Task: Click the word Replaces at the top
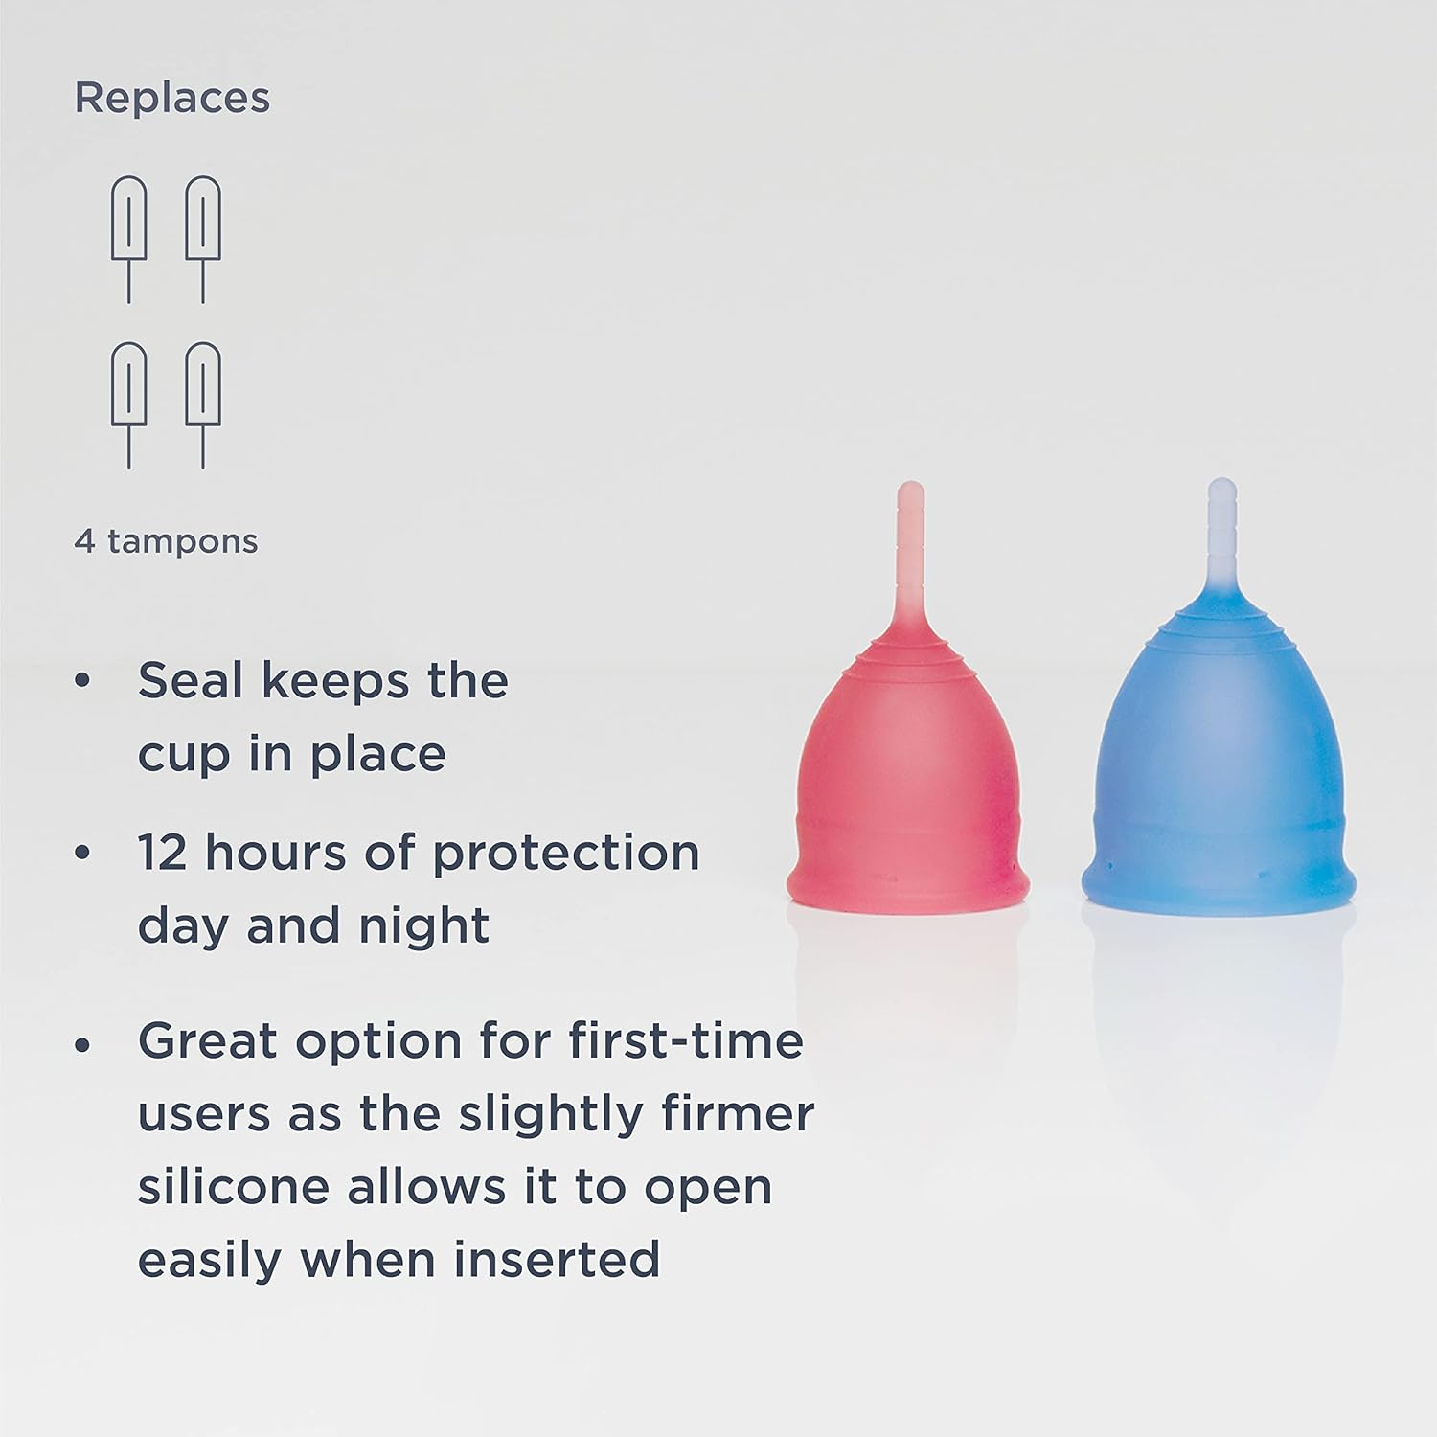(x=172, y=99)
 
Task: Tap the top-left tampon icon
(x=129, y=239)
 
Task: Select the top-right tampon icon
(x=203, y=239)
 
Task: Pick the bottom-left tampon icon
(x=129, y=405)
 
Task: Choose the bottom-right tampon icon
(x=203, y=405)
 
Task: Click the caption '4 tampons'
(x=166, y=541)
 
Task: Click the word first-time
(x=686, y=1040)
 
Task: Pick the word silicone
(x=234, y=1186)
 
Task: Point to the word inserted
(x=557, y=1259)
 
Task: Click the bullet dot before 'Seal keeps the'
(x=82, y=682)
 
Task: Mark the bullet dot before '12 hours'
(x=82, y=854)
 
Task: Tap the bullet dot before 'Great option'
(x=82, y=1042)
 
